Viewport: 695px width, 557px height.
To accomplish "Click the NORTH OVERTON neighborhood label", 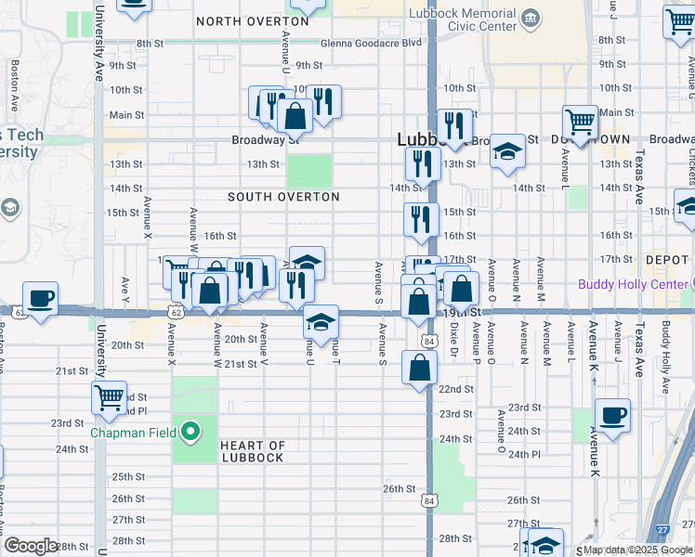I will click(252, 20).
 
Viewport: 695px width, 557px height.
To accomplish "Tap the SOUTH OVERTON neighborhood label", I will click(283, 197).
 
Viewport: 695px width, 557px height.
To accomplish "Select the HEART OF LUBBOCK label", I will click(252, 451).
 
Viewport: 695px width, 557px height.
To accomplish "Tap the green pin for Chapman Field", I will click(191, 432).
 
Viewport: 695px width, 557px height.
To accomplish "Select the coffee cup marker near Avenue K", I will click(611, 416).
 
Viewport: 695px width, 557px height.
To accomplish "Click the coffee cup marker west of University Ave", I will click(40, 299).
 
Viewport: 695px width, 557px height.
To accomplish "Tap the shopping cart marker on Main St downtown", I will click(580, 122).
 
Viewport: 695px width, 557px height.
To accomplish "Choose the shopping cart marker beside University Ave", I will click(110, 397).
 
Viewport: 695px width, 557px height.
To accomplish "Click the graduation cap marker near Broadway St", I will click(507, 151).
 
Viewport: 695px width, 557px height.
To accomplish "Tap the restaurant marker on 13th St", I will click(423, 164).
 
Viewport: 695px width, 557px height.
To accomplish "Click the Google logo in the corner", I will click(31, 546).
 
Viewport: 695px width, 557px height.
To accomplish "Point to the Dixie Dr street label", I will click(454, 345).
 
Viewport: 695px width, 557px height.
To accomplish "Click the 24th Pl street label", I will click(525, 454).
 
